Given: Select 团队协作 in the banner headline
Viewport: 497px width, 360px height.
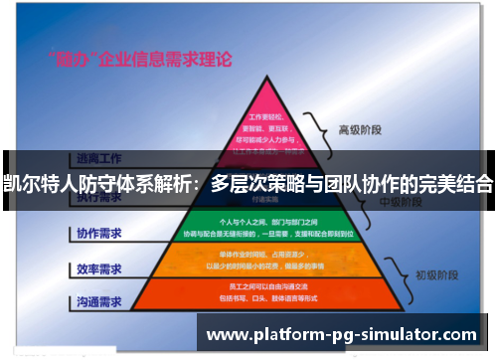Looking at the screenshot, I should tap(365, 183).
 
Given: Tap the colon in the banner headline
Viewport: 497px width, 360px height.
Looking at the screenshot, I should tap(199, 183).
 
